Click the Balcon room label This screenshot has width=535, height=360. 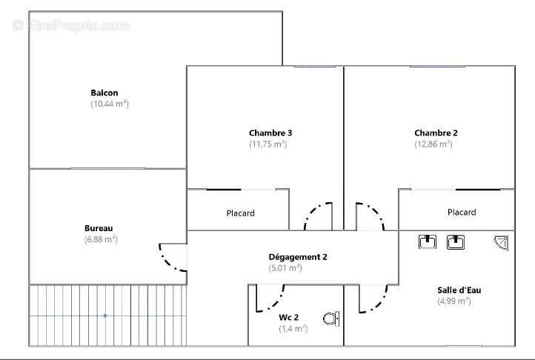(x=104, y=93)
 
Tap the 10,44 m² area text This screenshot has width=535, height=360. (x=110, y=104)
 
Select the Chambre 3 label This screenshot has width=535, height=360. (x=270, y=133)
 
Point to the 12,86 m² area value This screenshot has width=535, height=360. (x=433, y=144)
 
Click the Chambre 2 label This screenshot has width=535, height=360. (x=436, y=133)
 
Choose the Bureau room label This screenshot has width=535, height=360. (x=99, y=228)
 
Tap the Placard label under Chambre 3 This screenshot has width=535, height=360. (x=241, y=213)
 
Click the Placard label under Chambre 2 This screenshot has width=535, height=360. (x=462, y=213)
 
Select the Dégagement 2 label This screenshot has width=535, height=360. (x=298, y=257)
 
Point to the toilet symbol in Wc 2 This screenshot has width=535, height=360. (x=331, y=319)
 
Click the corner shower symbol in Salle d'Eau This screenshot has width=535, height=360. (x=501, y=243)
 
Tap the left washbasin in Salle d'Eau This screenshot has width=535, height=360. (x=428, y=242)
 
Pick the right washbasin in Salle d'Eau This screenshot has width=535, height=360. (x=456, y=242)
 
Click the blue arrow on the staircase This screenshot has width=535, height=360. (x=105, y=316)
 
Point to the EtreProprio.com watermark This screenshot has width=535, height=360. (x=70, y=26)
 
